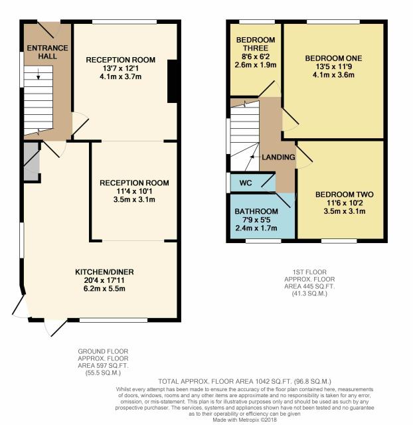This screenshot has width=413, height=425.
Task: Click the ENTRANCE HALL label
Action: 47,52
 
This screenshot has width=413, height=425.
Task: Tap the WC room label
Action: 246,183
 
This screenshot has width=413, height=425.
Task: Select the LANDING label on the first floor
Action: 278,157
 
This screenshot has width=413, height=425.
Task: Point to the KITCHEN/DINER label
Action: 104,272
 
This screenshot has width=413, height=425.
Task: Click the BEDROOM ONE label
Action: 333,58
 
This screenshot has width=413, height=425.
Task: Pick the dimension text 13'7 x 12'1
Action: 121,68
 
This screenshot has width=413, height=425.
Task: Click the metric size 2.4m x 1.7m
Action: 256,228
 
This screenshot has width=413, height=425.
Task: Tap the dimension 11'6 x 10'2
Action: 345,203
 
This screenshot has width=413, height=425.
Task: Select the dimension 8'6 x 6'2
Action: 256,56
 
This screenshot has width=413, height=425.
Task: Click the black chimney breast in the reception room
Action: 173,81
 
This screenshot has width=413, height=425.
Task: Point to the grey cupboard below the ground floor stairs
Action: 31,161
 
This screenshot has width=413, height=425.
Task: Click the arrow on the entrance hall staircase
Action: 39,74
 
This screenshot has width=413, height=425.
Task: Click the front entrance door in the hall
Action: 48,30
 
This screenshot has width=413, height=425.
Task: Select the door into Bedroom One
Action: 290,120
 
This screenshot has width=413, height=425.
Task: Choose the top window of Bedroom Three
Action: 257,22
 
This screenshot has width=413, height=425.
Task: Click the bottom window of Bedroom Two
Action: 339,240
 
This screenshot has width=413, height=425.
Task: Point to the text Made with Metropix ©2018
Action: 245,420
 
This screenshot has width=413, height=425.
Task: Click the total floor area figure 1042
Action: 262,382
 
